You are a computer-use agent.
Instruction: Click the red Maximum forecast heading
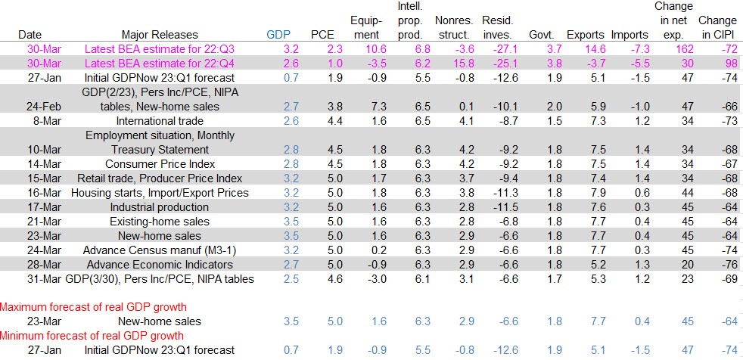point(92,306)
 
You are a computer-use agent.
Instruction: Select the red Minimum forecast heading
point(91,335)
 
